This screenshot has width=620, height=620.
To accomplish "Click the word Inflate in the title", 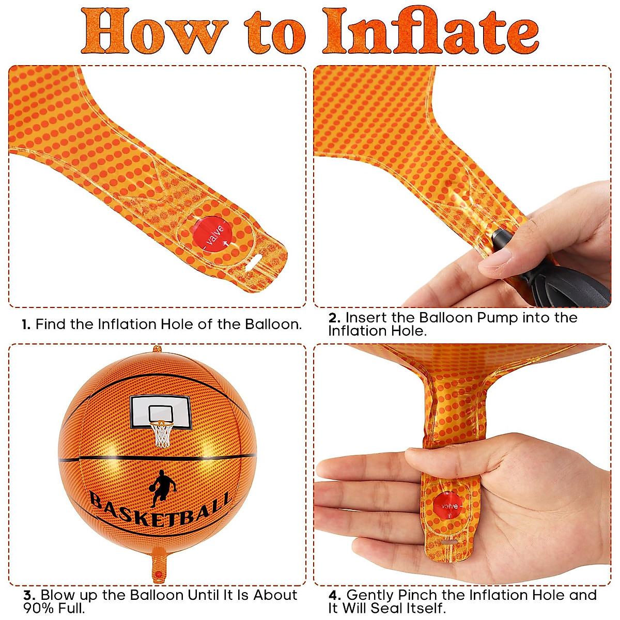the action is click(x=430, y=30).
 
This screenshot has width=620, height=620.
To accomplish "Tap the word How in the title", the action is click(x=154, y=31).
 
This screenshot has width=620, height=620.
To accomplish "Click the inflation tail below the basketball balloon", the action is click(x=159, y=566).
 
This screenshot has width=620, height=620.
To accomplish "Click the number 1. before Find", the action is click(x=26, y=324).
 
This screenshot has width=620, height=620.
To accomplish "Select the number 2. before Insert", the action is click(x=335, y=318).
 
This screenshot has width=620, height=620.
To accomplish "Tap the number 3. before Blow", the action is click(x=29, y=595).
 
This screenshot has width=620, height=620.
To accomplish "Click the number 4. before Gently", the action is click(x=335, y=595).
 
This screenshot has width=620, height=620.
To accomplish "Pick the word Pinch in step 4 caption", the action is click(x=420, y=595).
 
